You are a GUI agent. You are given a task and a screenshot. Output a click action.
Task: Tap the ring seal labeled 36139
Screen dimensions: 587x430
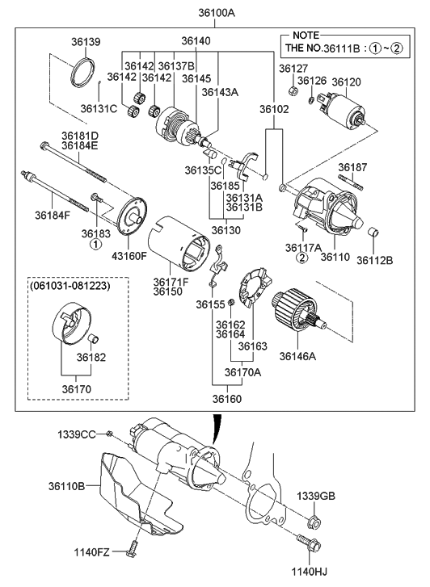(83, 73)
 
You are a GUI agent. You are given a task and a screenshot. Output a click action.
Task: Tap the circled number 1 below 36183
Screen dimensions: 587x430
(95, 244)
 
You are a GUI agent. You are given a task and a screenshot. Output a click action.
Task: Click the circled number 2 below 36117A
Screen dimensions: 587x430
(301, 258)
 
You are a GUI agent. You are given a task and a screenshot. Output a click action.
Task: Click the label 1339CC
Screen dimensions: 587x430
(77, 435)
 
